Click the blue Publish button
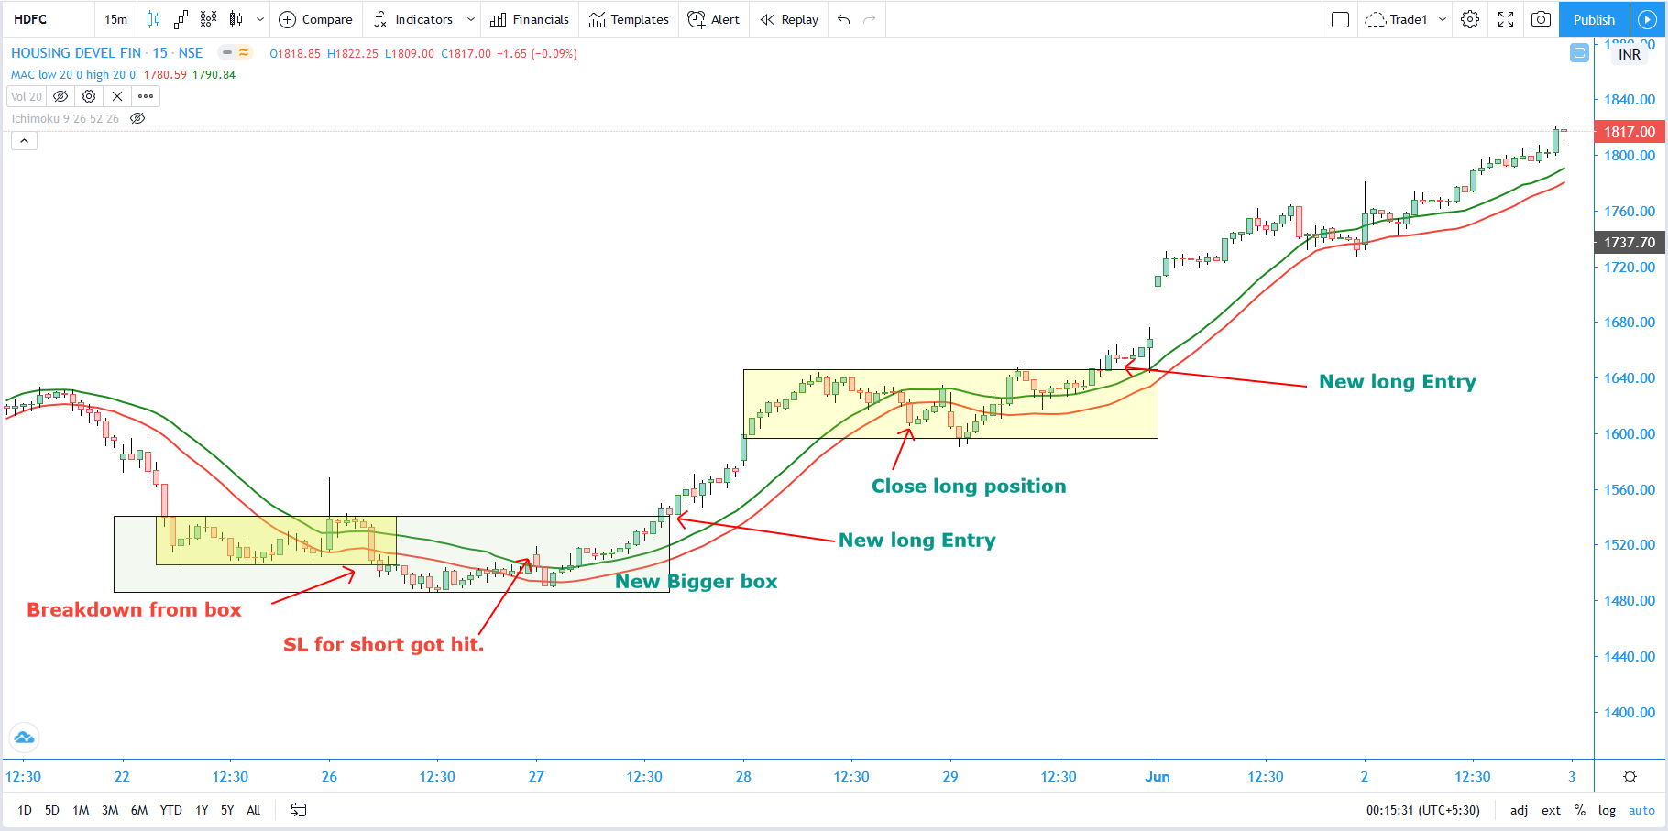point(1594,19)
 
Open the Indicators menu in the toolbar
point(414,19)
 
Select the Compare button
point(316,19)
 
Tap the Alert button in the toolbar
point(714,19)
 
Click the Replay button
point(790,19)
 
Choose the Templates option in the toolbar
point(630,19)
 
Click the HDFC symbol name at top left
point(30,19)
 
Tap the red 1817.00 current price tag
point(1630,132)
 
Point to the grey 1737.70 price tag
point(1630,243)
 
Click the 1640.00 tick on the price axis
point(1630,378)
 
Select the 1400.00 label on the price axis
point(1630,713)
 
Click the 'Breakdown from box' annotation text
point(134,610)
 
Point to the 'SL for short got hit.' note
point(383,645)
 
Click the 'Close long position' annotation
point(969,487)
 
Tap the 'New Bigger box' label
point(696,582)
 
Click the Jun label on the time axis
point(1158,777)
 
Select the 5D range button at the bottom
point(52,810)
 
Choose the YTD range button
point(170,810)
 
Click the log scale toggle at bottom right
point(1607,810)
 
